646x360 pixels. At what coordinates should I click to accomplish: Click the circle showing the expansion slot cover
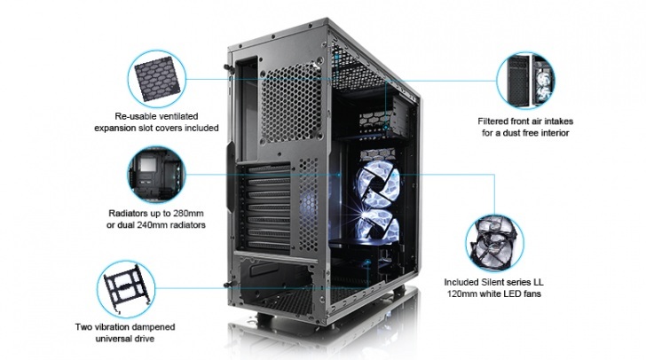point(157,79)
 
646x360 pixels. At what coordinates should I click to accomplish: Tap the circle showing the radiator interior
point(156,175)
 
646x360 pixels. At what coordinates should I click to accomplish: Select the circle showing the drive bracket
point(126,289)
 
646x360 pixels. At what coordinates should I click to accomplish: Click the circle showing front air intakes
point(525,80)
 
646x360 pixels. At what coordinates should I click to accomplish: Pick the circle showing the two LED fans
point(495,243)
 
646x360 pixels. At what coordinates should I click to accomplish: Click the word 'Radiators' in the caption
point(127,214)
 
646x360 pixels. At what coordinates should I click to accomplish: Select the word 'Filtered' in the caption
point(492,121)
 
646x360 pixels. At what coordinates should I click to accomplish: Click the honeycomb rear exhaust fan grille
point(291,105)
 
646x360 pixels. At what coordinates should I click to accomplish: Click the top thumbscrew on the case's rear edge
point(228,68)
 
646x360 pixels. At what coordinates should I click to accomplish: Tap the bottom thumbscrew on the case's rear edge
point(227,285)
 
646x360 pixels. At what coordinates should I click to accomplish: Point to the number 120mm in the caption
point(462,294)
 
